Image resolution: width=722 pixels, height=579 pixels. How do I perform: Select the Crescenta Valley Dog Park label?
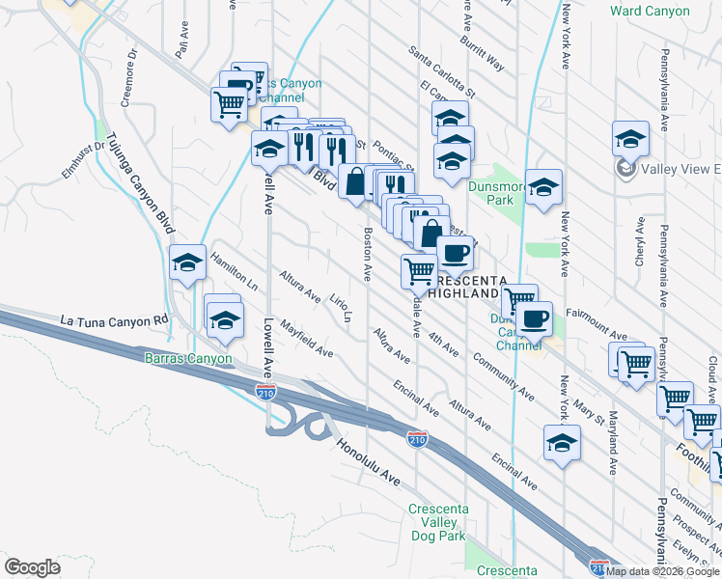451,522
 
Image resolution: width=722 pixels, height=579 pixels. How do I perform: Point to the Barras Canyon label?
188,359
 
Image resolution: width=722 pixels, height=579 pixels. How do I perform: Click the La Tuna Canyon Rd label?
114,319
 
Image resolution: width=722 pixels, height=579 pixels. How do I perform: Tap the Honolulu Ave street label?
368,463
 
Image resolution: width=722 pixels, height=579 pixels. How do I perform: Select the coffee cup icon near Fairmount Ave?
532,317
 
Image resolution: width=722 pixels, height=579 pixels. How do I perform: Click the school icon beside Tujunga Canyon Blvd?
187,262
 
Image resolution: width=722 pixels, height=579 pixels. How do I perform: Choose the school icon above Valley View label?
630,137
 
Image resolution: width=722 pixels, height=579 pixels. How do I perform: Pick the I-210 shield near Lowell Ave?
265,391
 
